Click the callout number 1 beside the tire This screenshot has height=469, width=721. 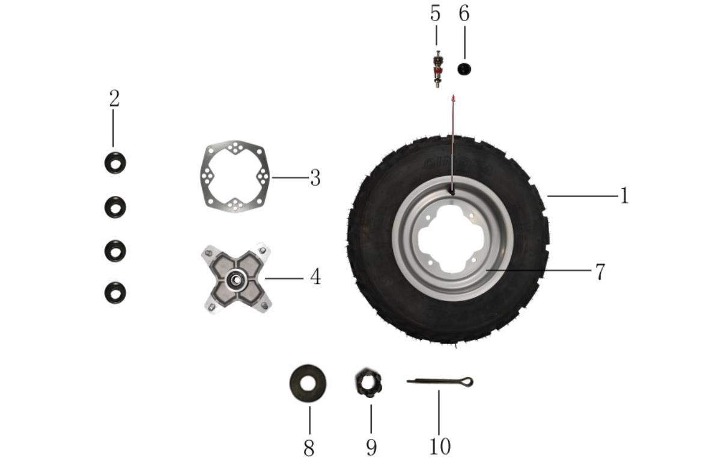pyautogui.click(x=624, y=195)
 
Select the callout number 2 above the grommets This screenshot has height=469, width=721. pyautogui.click(x=114, y=98)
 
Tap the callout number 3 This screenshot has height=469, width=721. pyautogui.click(x=315, y=178)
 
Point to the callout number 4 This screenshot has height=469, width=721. pyautogui.click(x=315, y=277)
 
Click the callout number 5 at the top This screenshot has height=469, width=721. pyautogui.click(x=435, y=13)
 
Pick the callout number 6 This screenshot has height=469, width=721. pyautogui.click(x=464, y=13)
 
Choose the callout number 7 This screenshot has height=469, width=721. pyautogui.click(x=600, y=272)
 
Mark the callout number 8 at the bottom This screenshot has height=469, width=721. pyautogui.click(x=309, y=448)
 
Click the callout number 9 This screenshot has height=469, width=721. pyautogui.click(x=371, y=448)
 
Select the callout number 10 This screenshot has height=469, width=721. pyautogui.click(x=440, y=446)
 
